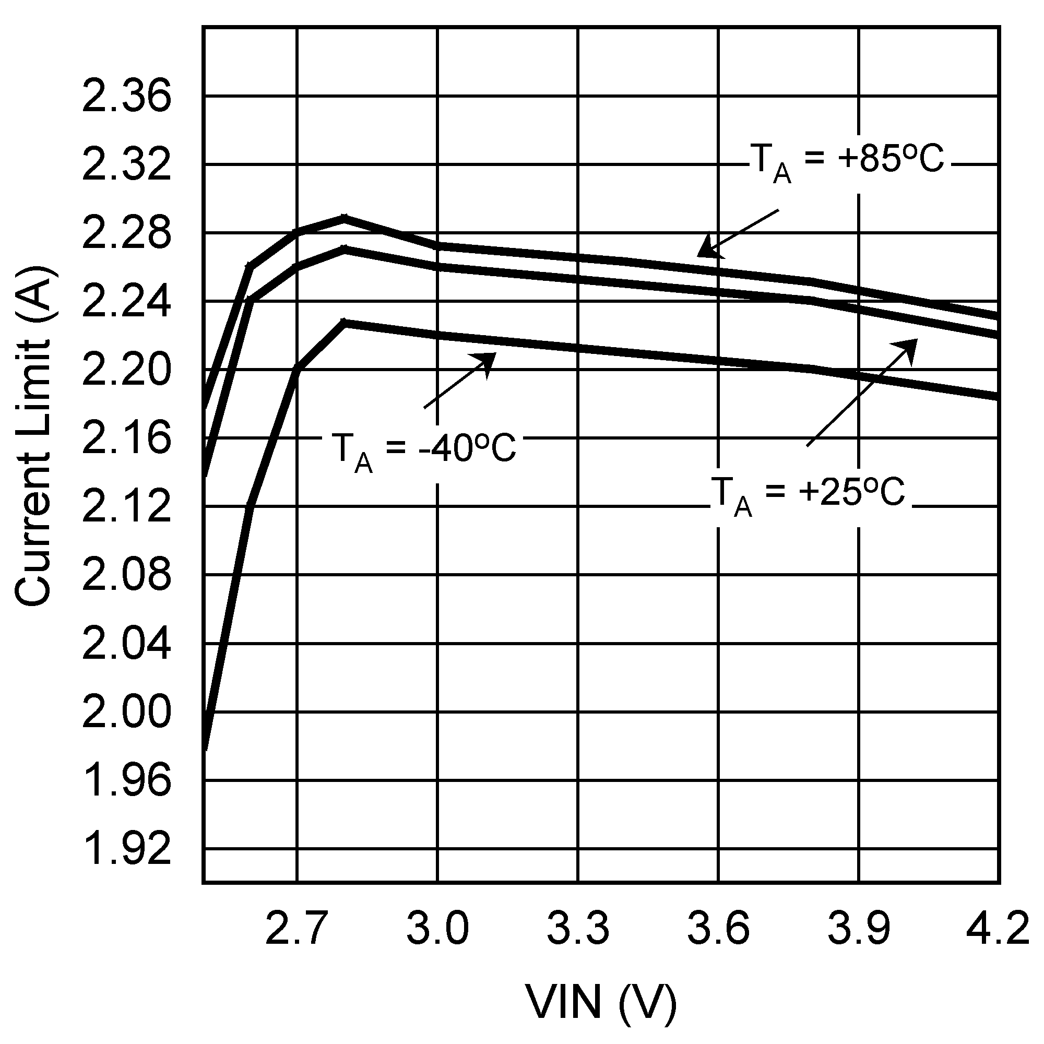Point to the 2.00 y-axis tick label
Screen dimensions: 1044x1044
pyautogui.click(x=126, y=713)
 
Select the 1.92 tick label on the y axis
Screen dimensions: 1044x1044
pyautogui.click(x=126, y=849)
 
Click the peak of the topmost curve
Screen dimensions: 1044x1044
pyautogui.click(x=344, y=217)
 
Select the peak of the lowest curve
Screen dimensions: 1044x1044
pyautogui.click(x=345, y=322)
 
